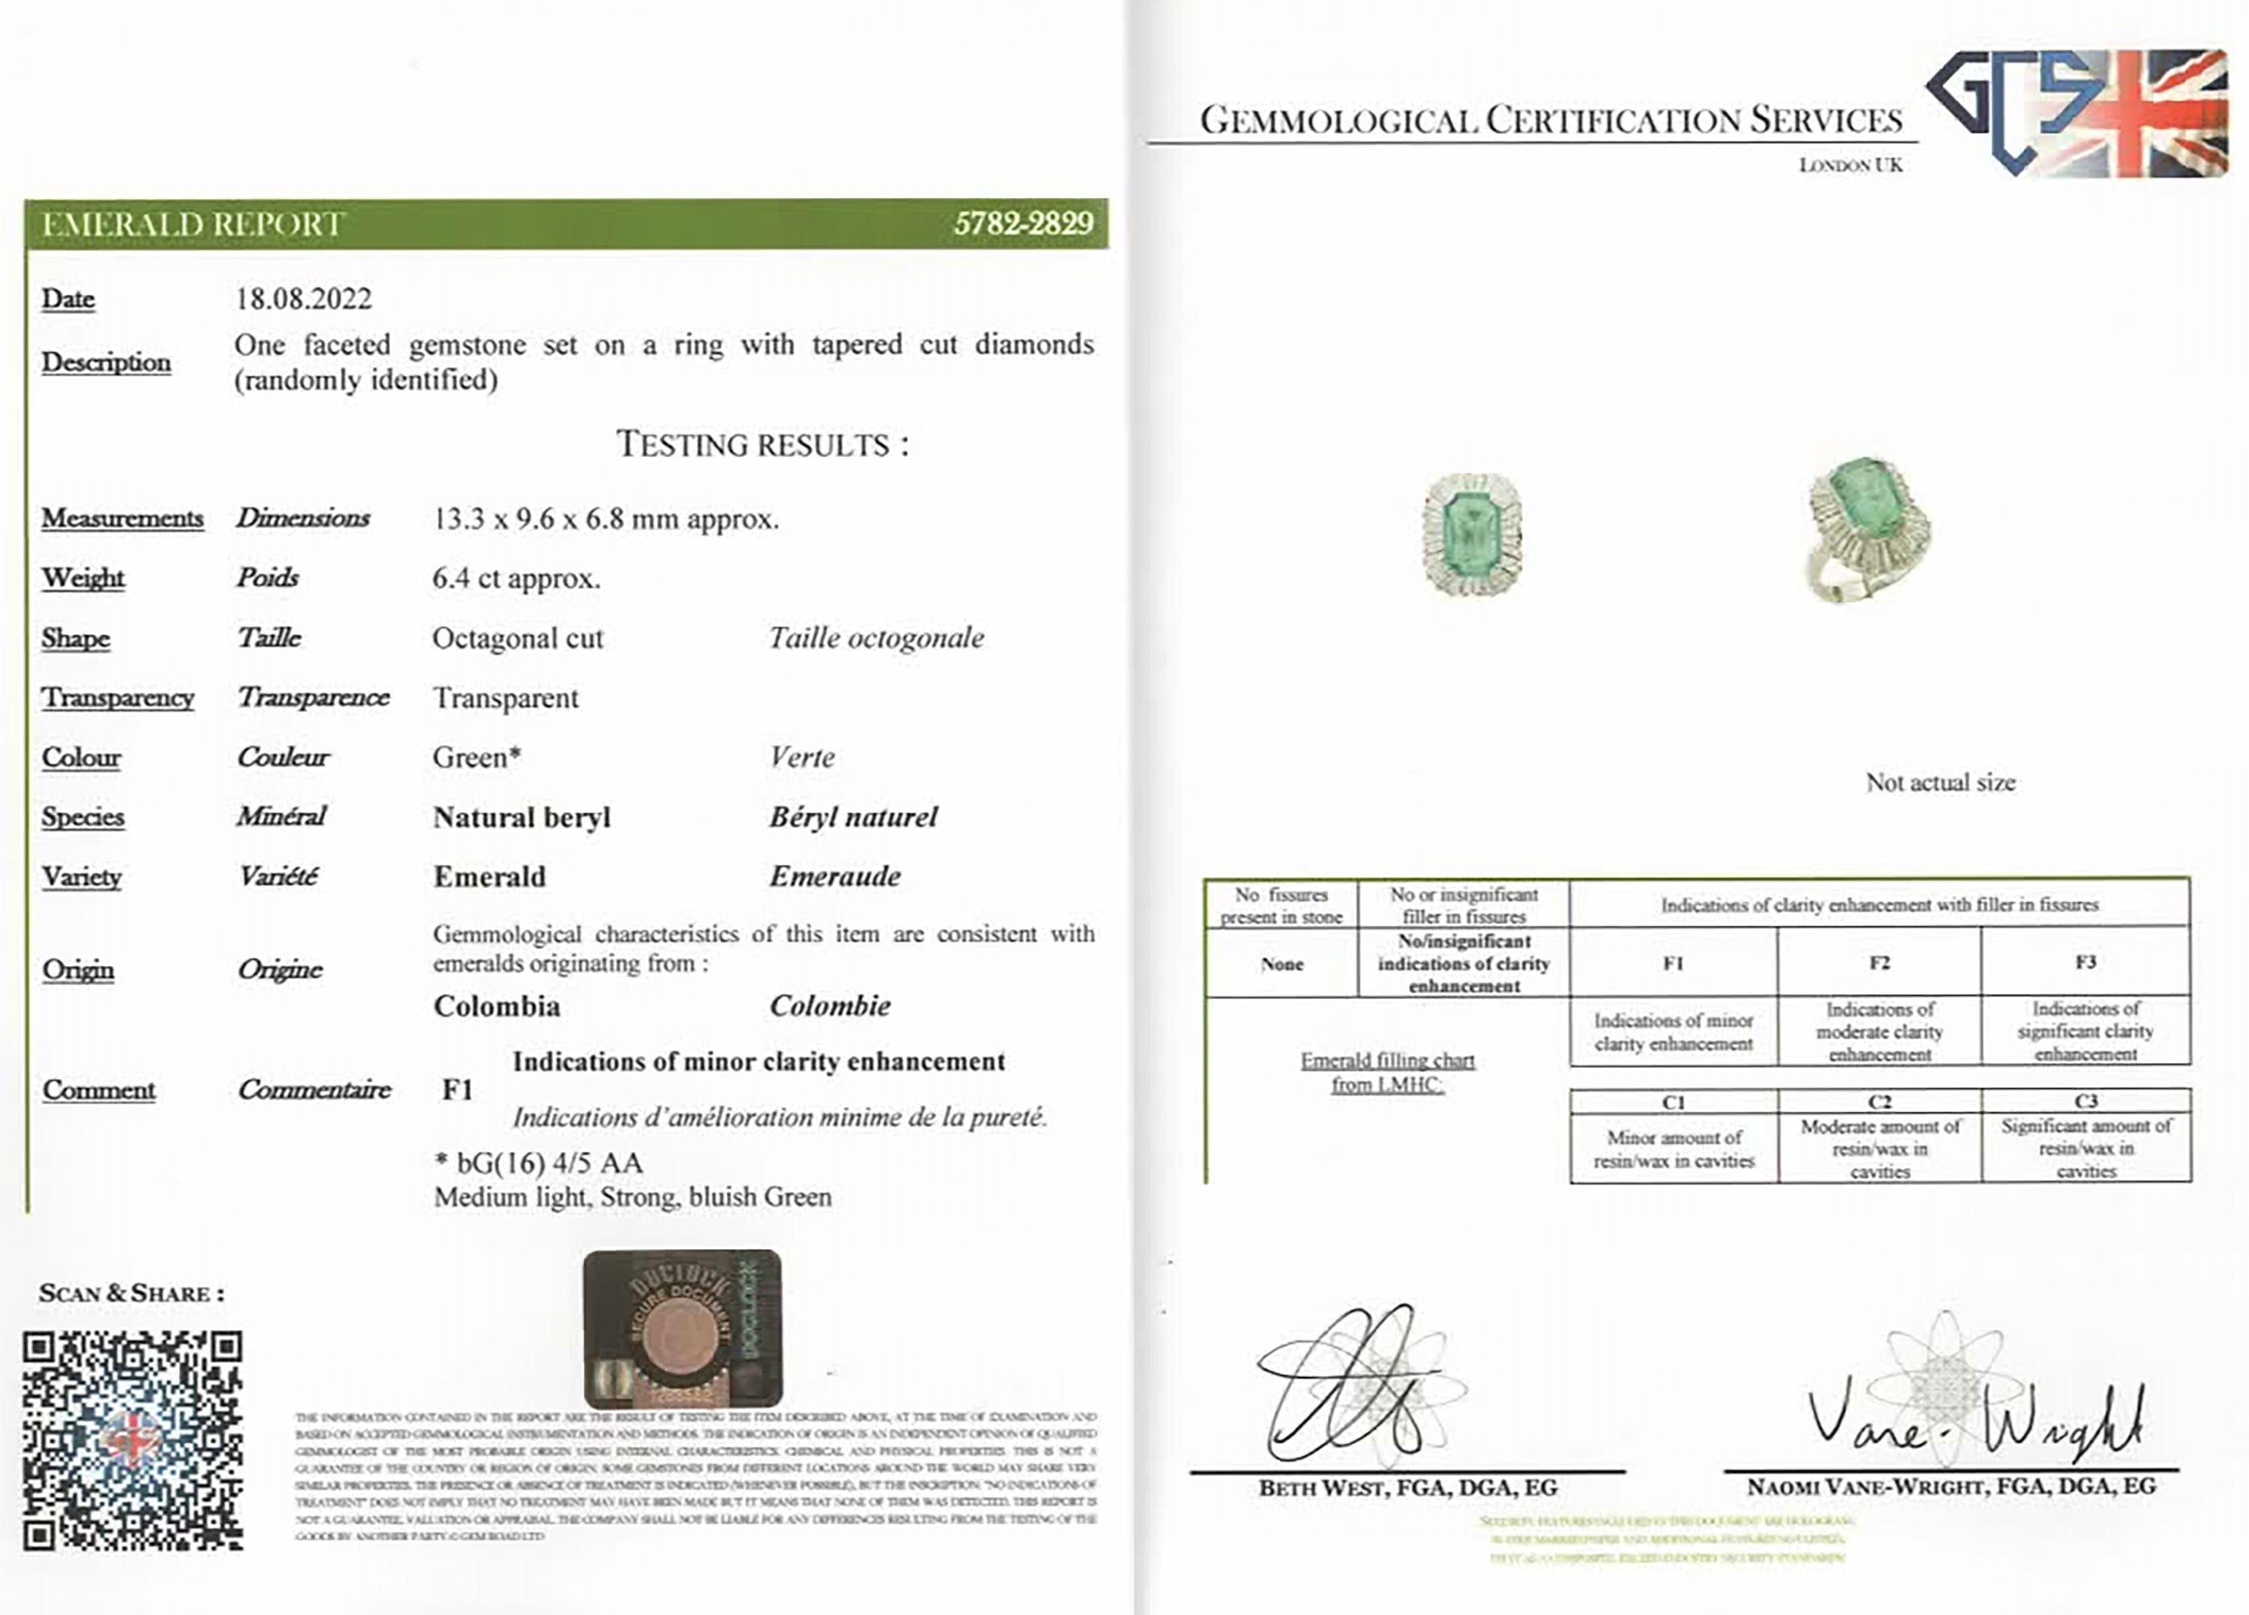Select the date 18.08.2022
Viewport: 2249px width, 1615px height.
tap(304, 298)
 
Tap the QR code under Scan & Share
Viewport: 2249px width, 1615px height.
tap(132, 1440)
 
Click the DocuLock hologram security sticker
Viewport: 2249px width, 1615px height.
tap(683, 1328)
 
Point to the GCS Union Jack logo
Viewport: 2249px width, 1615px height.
tap(2078, 112)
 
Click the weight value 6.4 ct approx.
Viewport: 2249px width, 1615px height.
tap(515, 578)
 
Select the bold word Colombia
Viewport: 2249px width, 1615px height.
tap(496, 1006)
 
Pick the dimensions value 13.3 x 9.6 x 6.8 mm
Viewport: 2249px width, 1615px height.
tap(604, 519)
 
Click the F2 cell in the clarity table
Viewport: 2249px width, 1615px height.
tap(1879, 963)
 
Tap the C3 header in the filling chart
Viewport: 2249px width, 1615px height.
tap(2085, 1102)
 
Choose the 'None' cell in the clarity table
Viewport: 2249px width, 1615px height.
tap(1281, 964)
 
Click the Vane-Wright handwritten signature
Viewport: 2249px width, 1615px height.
tap(1973, 1425)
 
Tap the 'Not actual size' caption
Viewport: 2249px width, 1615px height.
tap(1939, 783)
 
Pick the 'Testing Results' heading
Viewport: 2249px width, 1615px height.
tap(761, 444)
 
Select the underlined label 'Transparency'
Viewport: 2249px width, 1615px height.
tap(117, 698)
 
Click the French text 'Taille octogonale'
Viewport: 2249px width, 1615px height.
tap(876, 638)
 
